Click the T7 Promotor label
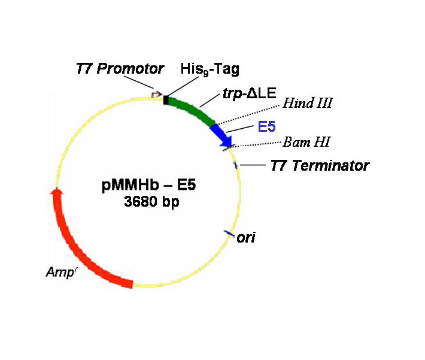point(120,68)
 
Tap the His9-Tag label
point(210,69)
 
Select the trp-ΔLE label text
point(250,93)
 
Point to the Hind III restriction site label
point(307,103)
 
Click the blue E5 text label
point(267,126)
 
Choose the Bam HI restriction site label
point(306,142)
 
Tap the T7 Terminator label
point(320,165)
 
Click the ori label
point(246,238)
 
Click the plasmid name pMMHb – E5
point(148,185)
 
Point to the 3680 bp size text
point(151,202)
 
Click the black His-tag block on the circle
point(166,100)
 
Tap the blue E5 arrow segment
point(223,134)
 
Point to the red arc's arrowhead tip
point(56,187)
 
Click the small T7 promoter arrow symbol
point(156,95)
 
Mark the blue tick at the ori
point(229,233)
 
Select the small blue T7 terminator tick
point(235,165)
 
